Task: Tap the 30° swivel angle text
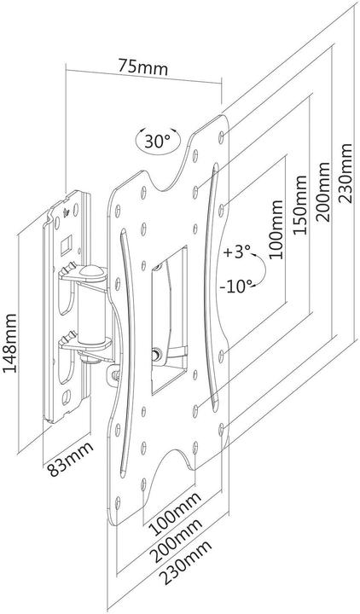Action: pos(157,141)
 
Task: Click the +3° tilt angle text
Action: pos(240,254)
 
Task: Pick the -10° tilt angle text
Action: pos(241,286)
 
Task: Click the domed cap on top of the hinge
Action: pos(91,275)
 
